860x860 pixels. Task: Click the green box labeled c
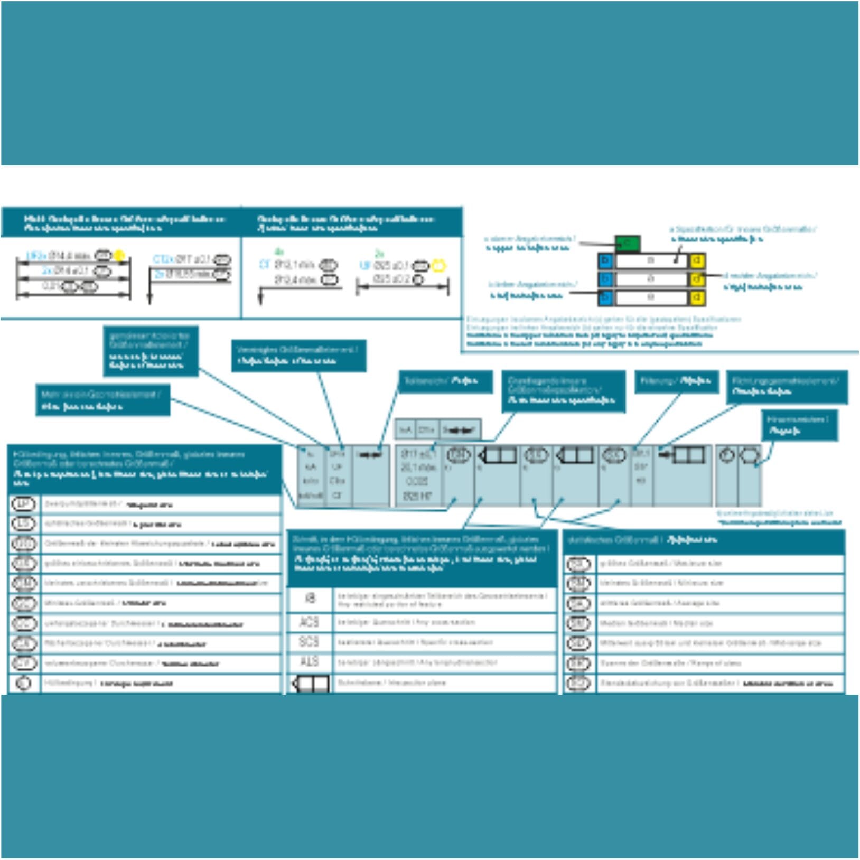click(628, 244)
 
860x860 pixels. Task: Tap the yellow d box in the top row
click(697, 260)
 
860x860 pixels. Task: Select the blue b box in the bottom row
click(605, 298)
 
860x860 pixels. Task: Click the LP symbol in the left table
click(23, 504)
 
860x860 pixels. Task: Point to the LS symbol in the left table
click(23, 524)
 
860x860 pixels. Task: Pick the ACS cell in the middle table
click(309, 622)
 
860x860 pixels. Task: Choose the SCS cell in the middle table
click(309, 642)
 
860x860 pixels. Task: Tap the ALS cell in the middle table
click(309, 662)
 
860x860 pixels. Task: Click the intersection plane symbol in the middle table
click(311, 684)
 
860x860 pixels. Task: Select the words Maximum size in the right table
click(697, 564)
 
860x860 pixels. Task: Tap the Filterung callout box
click(676, 381)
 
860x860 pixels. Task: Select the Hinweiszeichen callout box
click(799, 425)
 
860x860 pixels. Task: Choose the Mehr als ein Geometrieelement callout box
click(102, 400)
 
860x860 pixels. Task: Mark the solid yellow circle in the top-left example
click(119, 256)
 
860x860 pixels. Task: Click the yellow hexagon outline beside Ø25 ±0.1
click(438, 265)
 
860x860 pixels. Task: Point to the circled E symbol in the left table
click(23, 683)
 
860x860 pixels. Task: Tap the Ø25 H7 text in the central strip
click(417, 496)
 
